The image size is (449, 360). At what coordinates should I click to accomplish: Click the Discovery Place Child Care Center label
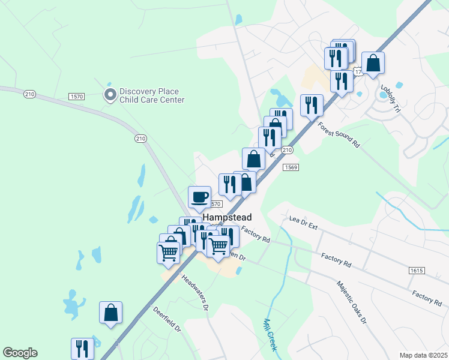coord(151,96)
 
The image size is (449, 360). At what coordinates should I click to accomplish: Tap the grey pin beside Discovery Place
coord(110,94)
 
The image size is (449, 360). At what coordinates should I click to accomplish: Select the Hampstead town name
coord(227,217)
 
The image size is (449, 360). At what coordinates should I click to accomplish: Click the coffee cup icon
coord(200,196)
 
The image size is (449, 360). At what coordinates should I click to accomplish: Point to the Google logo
coord(20,353)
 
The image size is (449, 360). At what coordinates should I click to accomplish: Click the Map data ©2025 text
coord(423,355)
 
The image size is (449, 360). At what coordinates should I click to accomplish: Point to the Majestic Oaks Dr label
coord(351,302)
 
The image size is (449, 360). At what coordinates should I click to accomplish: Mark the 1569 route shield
coord(291,167)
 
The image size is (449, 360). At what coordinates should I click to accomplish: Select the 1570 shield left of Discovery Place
coord(76,96)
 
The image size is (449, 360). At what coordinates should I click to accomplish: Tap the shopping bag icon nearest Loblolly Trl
coord(373,63)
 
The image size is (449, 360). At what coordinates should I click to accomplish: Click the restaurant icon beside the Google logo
coord(82,349)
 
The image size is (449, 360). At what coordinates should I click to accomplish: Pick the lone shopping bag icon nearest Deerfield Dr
coord(110,313)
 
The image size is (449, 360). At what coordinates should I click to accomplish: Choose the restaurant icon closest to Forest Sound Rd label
coord(312,105)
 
